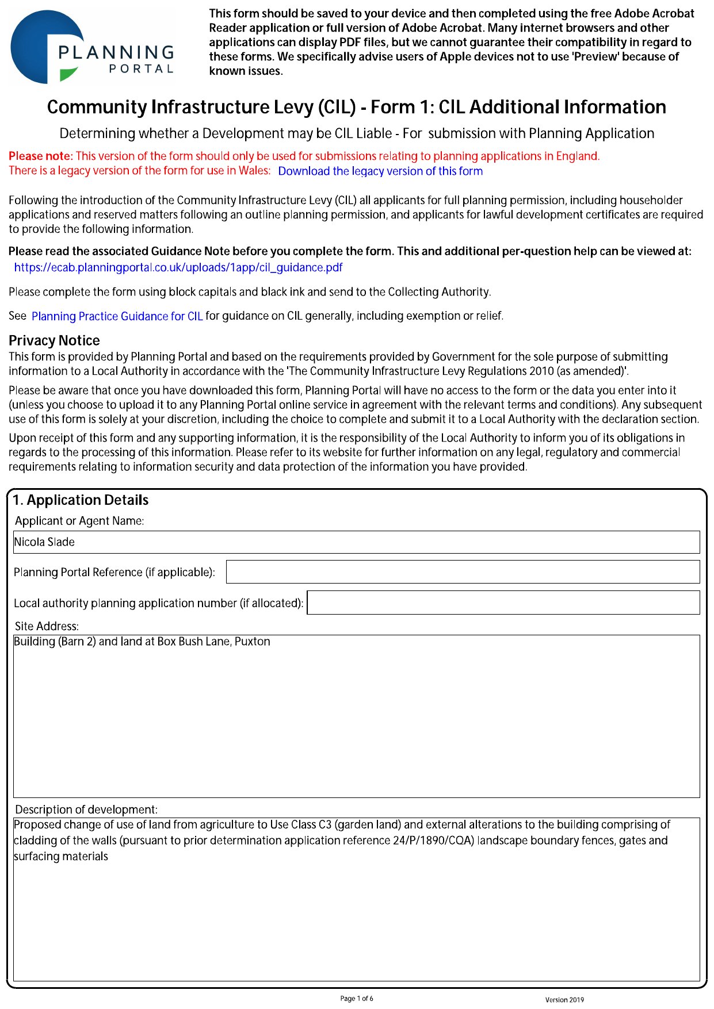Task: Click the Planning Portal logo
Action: click(92, 48)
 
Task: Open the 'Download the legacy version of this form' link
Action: click(380, 171)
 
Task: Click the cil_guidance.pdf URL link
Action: click(178, 267)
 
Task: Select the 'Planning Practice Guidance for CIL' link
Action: click(117, 316)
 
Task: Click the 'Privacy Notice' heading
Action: click(54, 340)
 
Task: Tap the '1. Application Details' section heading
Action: click(81, 500)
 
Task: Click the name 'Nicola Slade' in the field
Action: click(44, 542)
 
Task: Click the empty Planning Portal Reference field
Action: click(463, 572)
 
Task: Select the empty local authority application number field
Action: click(503, 603)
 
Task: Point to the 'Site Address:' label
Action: click(47, 626)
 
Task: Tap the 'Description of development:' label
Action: click(86, 809)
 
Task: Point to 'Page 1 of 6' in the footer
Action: click(357, 999)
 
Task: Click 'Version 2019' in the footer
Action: click(564, 1000)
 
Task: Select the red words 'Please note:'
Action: click(41, 156)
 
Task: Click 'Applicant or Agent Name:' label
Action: click(79, 521)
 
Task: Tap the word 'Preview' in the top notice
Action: click(595, 57)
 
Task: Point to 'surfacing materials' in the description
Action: click(61, 857)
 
